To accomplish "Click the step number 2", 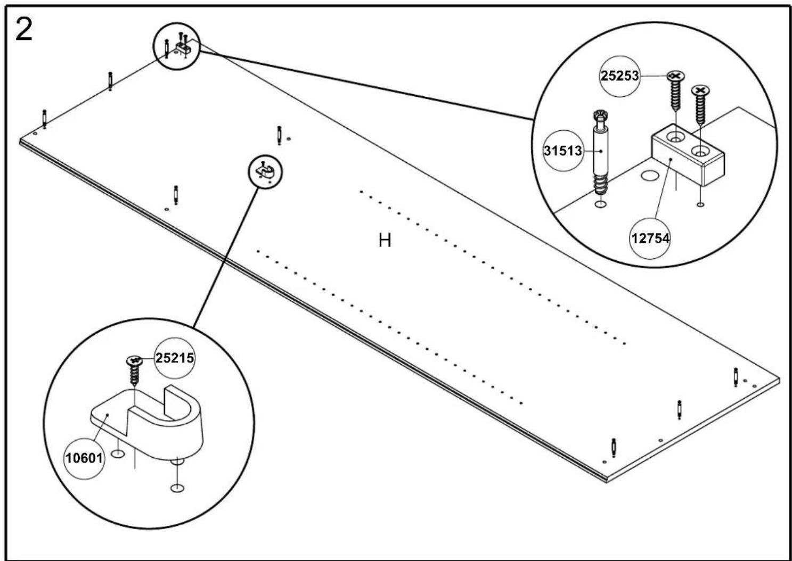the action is point(24,30).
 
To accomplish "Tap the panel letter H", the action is point(385,241).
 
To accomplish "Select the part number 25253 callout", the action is point(620,76).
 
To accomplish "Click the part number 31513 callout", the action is point(562,151).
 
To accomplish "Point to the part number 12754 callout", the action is point(650,238).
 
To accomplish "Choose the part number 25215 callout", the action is point(175,358).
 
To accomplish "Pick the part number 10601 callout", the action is point(84,459).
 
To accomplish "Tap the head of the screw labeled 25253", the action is point(676,76).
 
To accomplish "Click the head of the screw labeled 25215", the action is point(134,360).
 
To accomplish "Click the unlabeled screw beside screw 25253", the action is point(701,104).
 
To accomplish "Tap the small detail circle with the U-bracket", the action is point(265,172).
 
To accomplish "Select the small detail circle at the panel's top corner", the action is point(176,46).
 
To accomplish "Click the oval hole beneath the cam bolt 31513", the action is point(599,204).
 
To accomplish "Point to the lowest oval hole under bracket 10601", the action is point(177,488).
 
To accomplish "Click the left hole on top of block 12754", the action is point(675,137).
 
